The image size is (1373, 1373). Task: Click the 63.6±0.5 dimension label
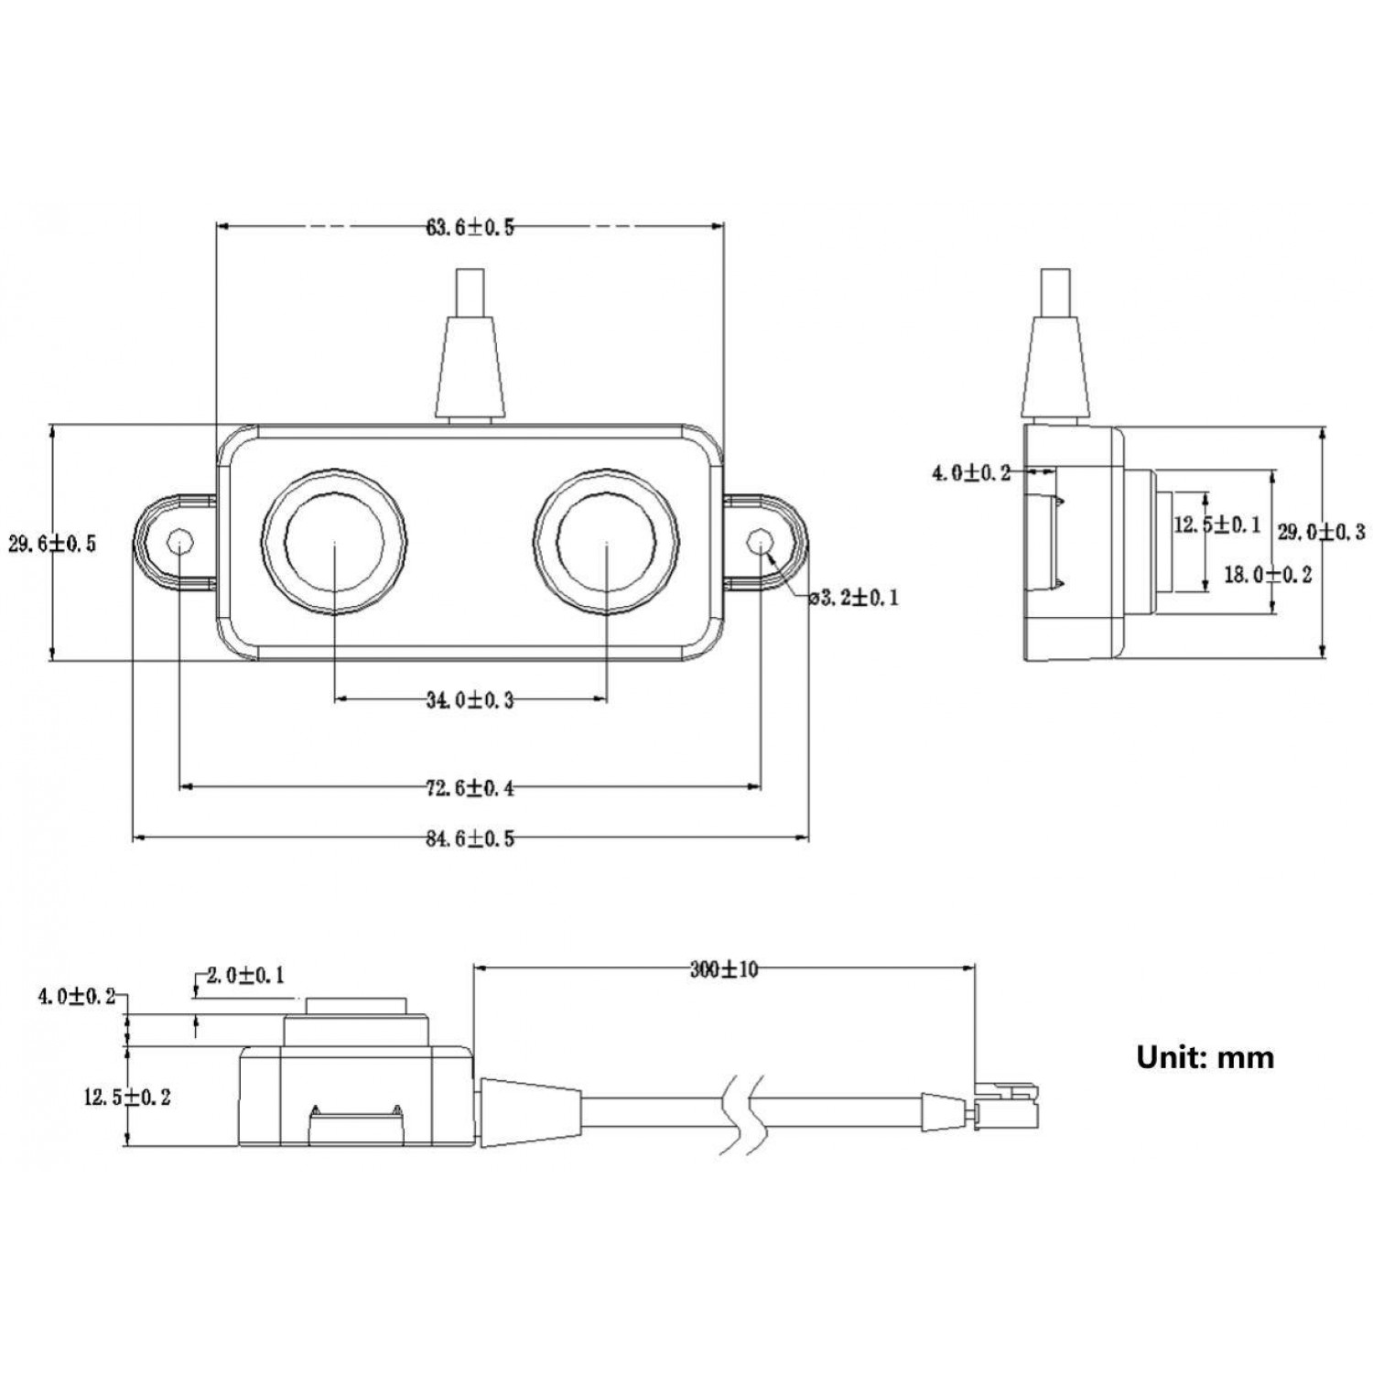(x=470, y=228)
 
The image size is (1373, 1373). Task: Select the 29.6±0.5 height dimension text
(x=52, y=544)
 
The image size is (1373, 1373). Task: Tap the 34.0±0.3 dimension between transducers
(x=470, y=701)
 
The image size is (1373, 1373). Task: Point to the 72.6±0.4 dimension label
(x=470, y=787)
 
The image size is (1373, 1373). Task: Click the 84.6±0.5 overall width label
(x=470, y=838)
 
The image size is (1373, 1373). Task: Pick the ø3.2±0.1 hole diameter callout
(x=854, y=599)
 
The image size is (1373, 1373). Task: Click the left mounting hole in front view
(x=181, y=542)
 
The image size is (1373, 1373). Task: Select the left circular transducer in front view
(x=334, y=542)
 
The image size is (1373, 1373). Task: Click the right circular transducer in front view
(x=607, y=542)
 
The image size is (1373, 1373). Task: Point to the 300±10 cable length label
(x=724, y=969)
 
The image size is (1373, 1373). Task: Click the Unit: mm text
(x=1205, y=1057)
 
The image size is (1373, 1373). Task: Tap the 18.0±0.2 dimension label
(x=1268, y=575)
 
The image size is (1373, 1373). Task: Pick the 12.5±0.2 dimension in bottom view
(x=127, y=1097)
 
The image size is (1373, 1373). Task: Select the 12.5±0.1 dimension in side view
(x=1216, y=524)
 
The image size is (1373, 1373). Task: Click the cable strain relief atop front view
(x=470, y=366)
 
